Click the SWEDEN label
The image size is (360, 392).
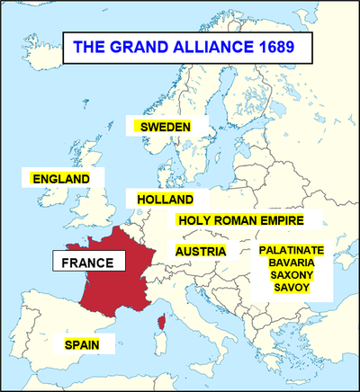coord(164,127)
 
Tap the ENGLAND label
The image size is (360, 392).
coord(61,179)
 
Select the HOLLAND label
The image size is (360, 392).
coord(166,199)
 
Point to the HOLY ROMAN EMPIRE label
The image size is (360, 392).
coord(240,220)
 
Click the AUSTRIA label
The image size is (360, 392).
coord(201,251)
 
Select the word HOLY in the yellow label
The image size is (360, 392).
coord(193,220)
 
